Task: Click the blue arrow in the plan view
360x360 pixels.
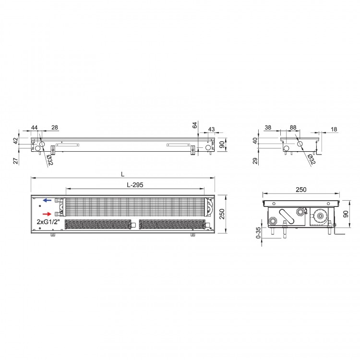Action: coord(48,200)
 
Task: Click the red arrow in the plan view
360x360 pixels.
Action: coord(47,214)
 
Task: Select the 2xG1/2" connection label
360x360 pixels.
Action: coord(48,222)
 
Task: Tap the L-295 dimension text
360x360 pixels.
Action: coord(135,185)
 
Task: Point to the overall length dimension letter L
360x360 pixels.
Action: coord(123,174)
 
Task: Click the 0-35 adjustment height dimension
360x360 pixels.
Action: coord(258,233)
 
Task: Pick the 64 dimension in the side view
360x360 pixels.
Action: coord(195,125)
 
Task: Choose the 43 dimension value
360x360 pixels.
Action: coord(211,129)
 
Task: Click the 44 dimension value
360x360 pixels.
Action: coord(34,128)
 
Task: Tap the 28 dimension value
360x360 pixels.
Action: coord(55,127)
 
